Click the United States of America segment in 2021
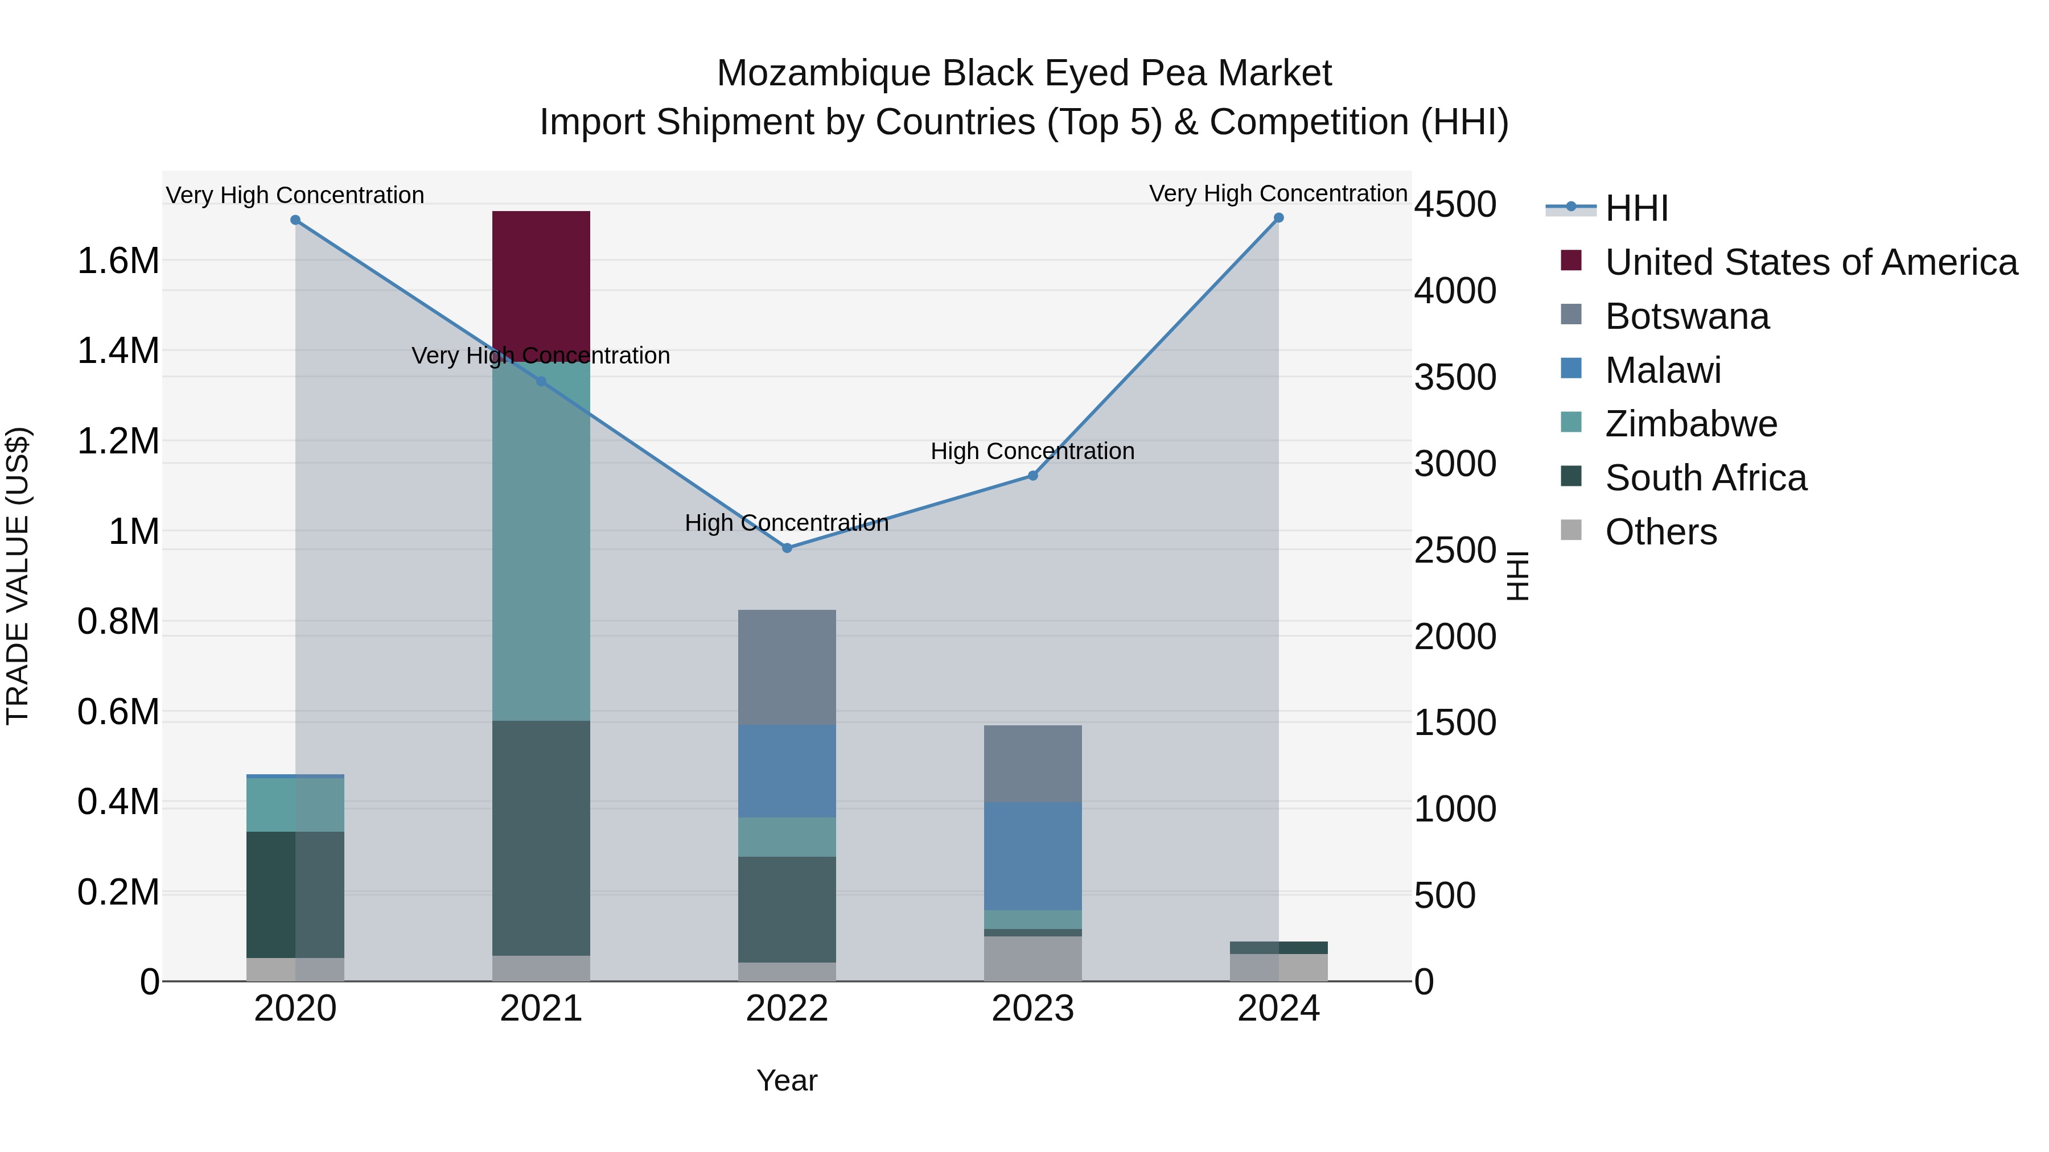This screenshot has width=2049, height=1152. coord(541,286)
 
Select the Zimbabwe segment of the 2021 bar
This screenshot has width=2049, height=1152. coord(541,540)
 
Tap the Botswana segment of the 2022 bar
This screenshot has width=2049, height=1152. coord(787,667)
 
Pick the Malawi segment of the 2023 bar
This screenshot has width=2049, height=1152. coord(1032,856)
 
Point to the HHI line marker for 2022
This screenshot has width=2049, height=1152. coord(787,548)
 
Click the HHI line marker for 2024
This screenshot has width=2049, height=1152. coord(1278,218)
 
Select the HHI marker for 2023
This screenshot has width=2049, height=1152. coord(1032,476)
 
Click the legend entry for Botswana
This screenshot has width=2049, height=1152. coord(1686,316)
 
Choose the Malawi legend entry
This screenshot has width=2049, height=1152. coord(1663,370)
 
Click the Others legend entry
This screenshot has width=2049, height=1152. coord(1661,532)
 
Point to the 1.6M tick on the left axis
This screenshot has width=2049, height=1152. coord(118,261)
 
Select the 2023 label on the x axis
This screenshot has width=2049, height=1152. coord(1032,1009)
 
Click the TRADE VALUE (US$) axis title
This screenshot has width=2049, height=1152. coord(18,576)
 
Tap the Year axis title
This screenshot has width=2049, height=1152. coord(787,1080)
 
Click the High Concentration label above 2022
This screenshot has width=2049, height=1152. coord(787,523)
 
